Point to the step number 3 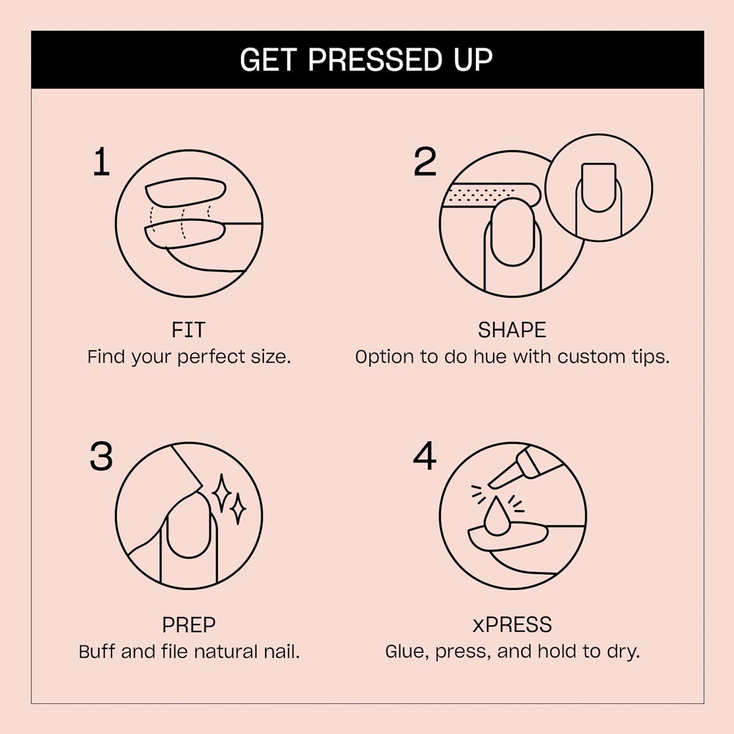pyautogui.click(x=101, y=457)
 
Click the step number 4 pyautogui.click(x=424, y=457)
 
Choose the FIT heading pyautogui.click(x=188, y=330)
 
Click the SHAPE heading pyautogui.click(x=512, y=330)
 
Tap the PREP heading pyautogui.click(x=188, y=625)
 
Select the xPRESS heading pyautogui.click(x=512, y=625)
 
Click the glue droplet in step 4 pyautogui.click(x=496, y=517)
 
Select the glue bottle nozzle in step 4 pyautogui.click(x=504, y=477)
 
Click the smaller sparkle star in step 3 pyautogui.click(x=238, y=509)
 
